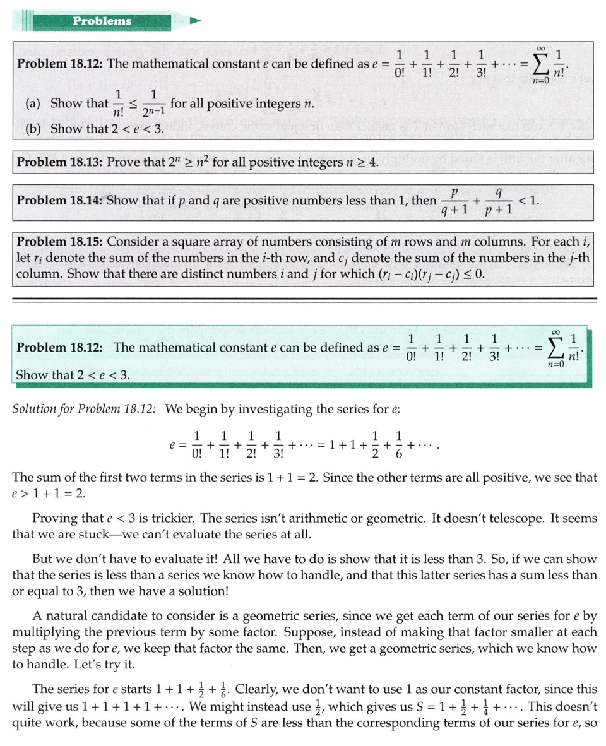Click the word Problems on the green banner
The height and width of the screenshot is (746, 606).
pos(102,21)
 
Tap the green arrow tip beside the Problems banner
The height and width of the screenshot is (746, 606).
pos(195,21)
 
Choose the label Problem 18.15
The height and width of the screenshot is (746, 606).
pos(59,242)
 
